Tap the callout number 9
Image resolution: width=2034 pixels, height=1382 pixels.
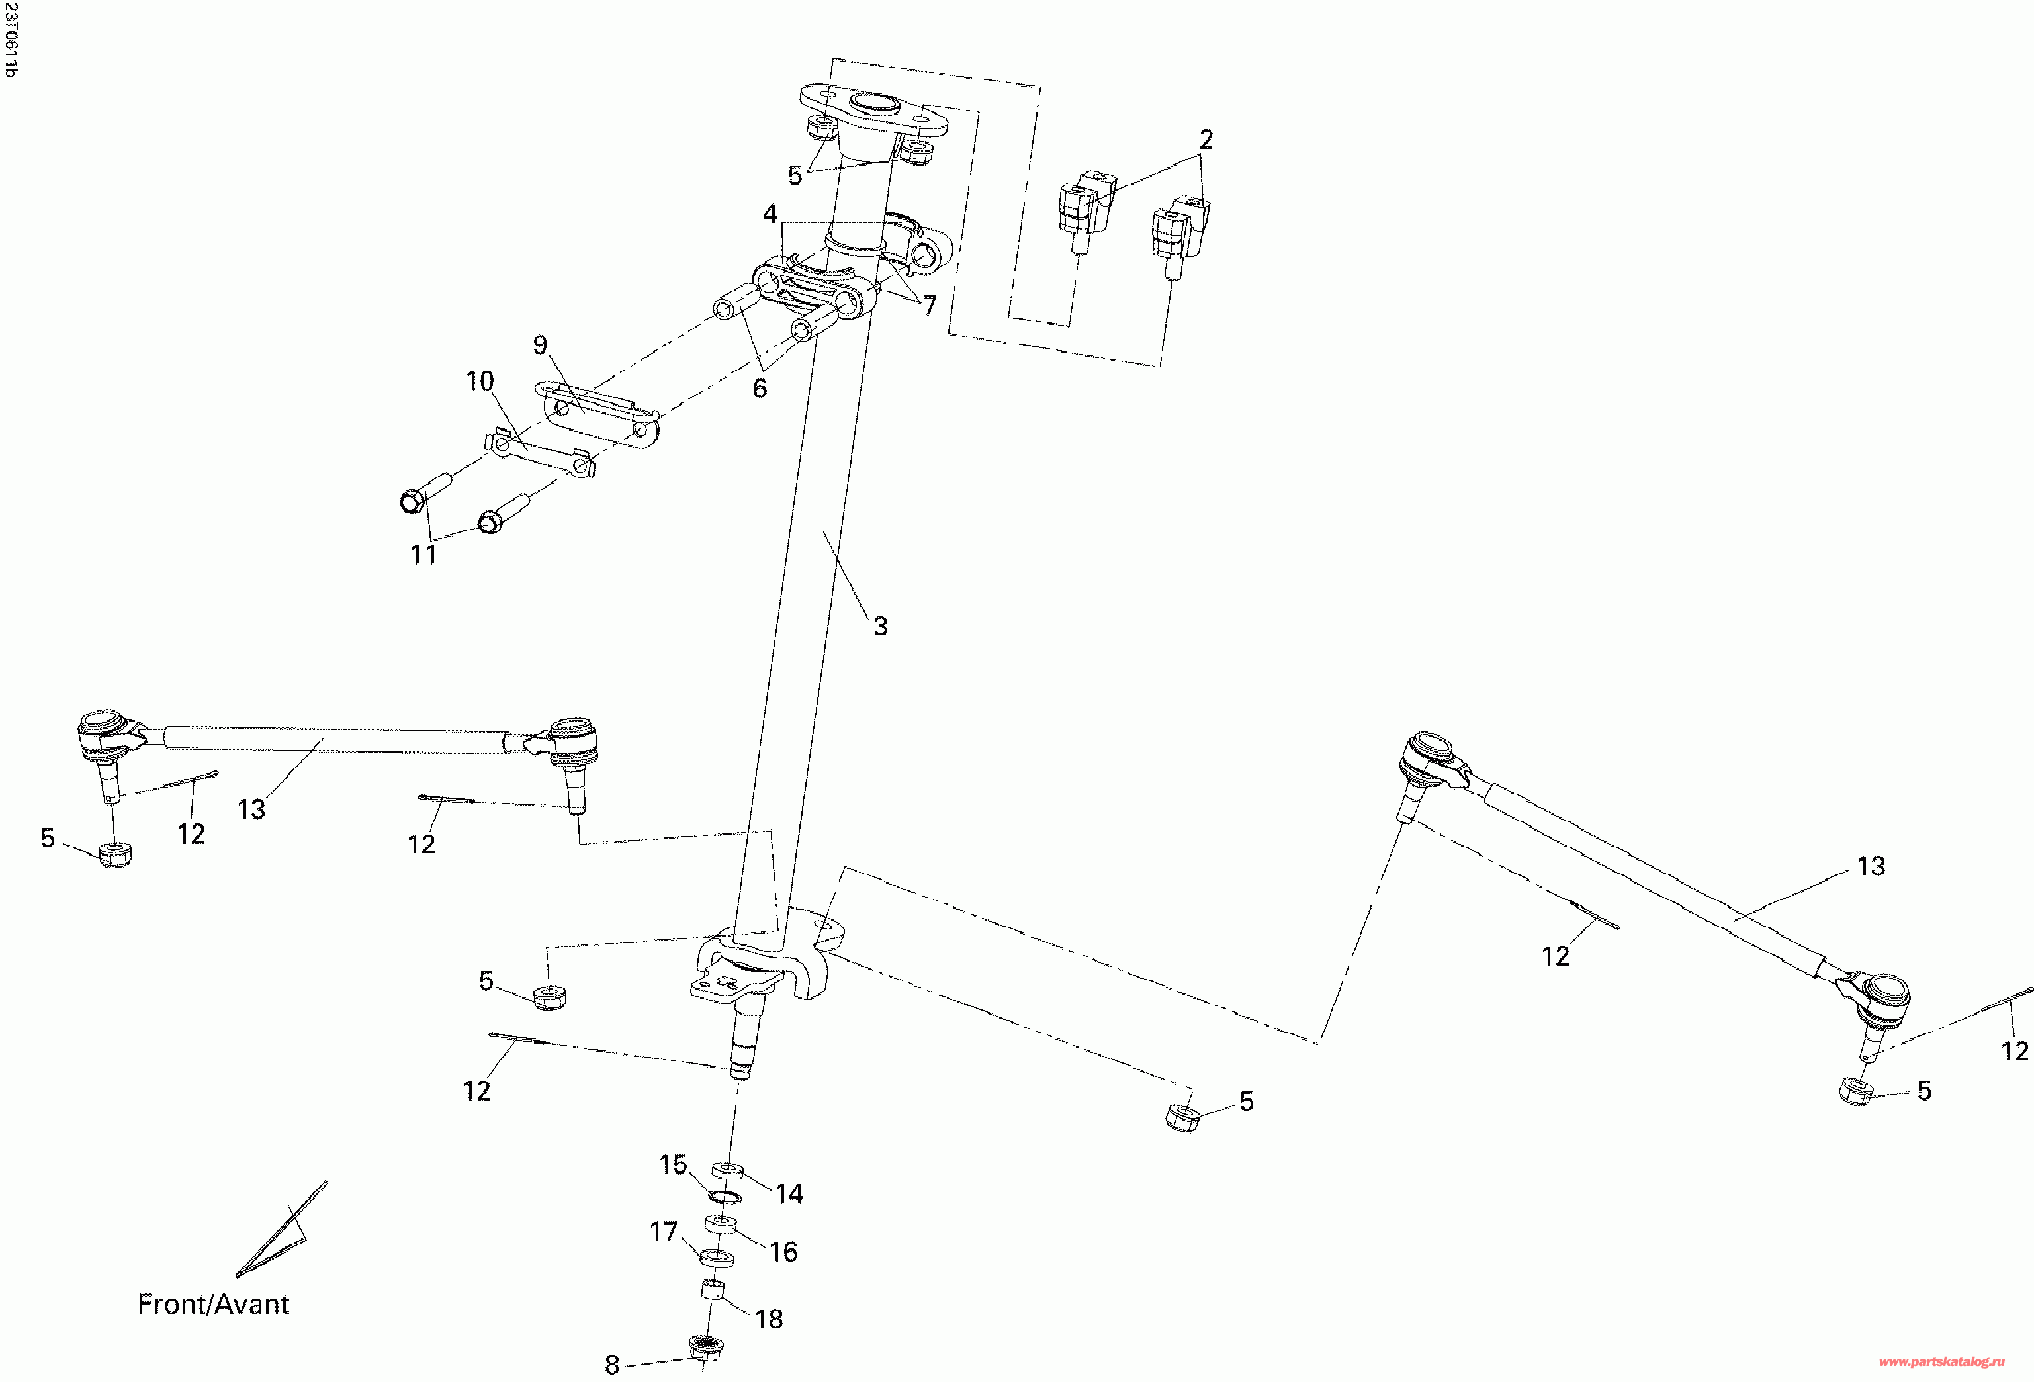(x=540, y=345)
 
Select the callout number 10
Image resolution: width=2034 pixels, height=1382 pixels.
(x=480, y=382)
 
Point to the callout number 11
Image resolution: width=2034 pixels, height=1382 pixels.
(x=423, y=555)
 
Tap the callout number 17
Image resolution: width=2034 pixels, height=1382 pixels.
(x=664, y=1232)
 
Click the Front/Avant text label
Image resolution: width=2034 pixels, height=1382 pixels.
(x=212, y=1304)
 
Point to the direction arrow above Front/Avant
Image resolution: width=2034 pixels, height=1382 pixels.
(x=282, y=1230)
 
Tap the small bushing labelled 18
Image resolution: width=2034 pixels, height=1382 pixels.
(x=713, y=1289)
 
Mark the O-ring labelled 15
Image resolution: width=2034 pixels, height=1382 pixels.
(x=723, y=1197)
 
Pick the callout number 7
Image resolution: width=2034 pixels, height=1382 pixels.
(x=930, y=306)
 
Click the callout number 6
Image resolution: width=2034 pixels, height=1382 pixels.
(x=760, y=388)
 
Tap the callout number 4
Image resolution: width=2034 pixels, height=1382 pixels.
(x=770, y=214)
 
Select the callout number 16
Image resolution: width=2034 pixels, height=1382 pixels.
(x=783, y=1252)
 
